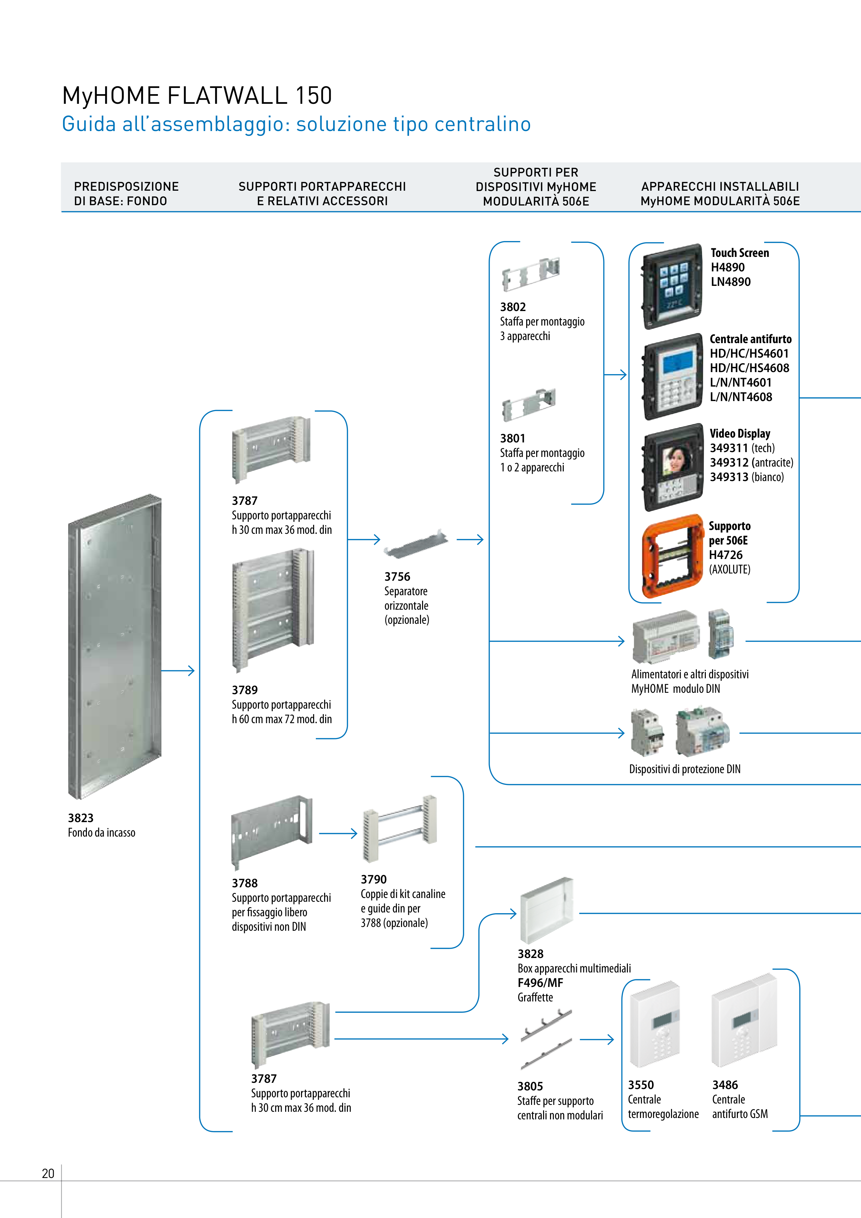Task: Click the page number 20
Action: pos(48,1174)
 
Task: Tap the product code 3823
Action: pos(81,818)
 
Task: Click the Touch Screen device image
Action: pos(672,287)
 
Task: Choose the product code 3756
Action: pos(397,577)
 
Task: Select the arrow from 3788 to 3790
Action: pos(338,833)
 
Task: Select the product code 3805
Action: pos(530,1086)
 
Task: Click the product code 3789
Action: pos(244,690)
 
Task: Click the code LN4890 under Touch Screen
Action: pos(731,282)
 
